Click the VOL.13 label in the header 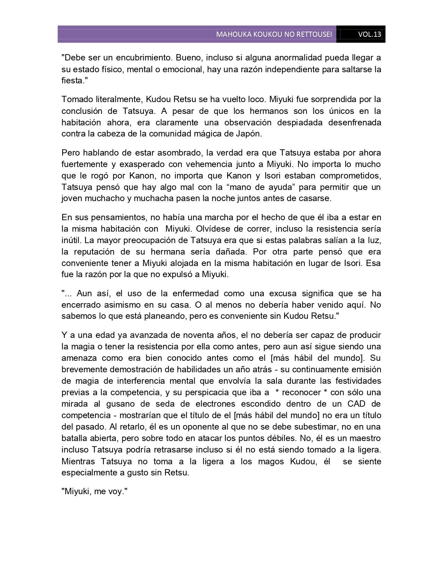tap(369, 34)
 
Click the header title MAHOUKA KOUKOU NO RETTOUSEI tap(274, 34)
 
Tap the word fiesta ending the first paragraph tap(72, 81)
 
